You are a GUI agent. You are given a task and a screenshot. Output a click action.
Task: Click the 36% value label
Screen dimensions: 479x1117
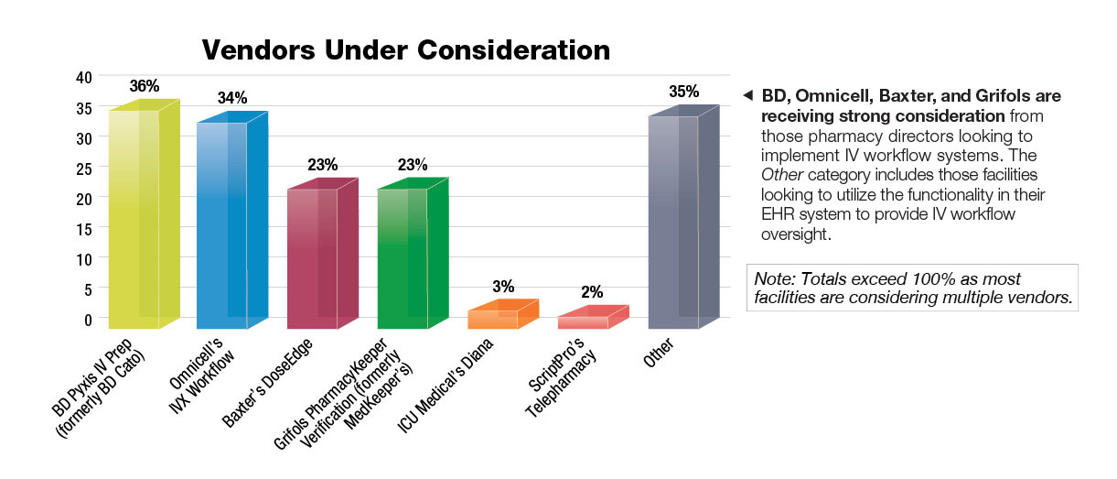[x=145, y=86]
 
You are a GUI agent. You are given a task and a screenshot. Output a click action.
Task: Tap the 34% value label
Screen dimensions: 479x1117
[x=232, y=98]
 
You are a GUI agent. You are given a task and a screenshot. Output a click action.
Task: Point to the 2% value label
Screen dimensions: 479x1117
[x=594, y=292]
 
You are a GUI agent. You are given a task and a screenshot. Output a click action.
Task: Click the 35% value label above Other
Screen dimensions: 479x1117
[x=684, y=92]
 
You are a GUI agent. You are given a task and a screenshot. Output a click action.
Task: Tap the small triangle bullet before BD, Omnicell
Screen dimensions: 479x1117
[x=747, y=96]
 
